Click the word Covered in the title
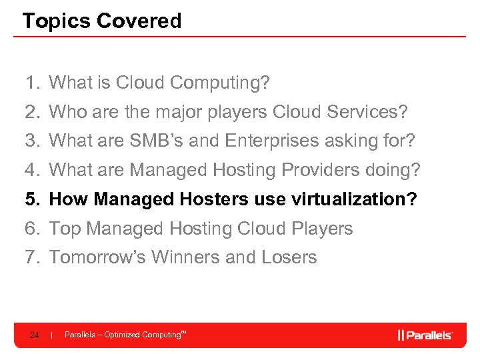tap(139, 21)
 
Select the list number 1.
tap(31, 83)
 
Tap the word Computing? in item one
tap(220, 83)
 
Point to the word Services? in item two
tap(367, 112)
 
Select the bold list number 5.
tap(32, 199)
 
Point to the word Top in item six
tap(65, 229)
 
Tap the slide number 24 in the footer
tap(34, 335)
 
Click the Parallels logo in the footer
tap(425, 335)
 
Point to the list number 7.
tap(31, 257)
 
